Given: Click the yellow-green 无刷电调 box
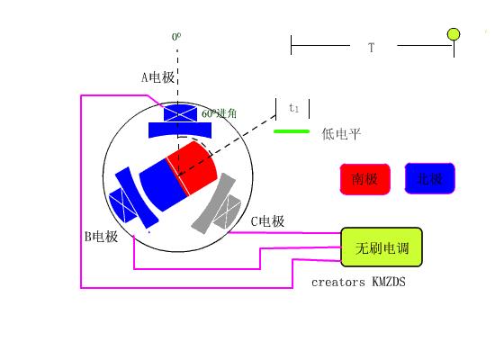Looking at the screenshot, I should point(381,247).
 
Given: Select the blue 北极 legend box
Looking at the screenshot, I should point(430,178).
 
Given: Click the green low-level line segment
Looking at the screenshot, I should point(291,131).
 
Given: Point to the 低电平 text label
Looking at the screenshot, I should point(341,134).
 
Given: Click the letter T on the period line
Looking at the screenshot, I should point(371,47).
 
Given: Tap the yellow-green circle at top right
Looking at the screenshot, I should point(454,34).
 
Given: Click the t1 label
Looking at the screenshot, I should point(293,108).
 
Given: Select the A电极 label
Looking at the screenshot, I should point(157,77).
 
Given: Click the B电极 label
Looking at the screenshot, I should point(101,237).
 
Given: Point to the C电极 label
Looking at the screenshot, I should point(267,221).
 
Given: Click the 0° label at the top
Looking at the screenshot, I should point(176,37).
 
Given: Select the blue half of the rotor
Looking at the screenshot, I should point(159,183).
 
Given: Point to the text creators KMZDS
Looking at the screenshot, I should point(358,282).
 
